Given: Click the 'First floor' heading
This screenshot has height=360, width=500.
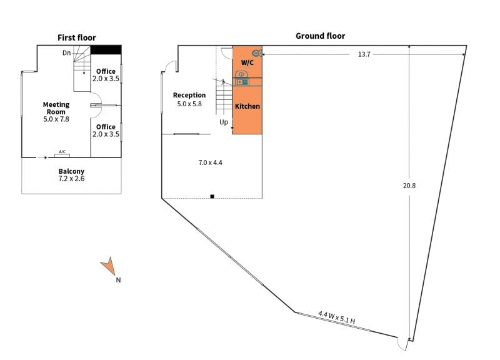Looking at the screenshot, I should (x=77, y=37).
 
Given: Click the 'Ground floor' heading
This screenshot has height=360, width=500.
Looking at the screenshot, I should (x=320, y=36).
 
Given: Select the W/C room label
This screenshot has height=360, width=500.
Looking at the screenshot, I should (x=247, y=63).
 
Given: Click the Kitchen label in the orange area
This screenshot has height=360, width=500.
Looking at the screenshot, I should (x=247, y=106).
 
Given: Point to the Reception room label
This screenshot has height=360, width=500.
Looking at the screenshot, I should (x=189, y=96).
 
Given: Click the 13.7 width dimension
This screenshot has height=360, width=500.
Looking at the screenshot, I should (x=364, y=54).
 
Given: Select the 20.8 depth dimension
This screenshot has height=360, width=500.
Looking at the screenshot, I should (x=409, y=186).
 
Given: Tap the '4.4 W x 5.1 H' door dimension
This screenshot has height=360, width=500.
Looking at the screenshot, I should (x=336, y=317).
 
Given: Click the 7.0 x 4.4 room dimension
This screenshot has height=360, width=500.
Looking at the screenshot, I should (x=211, y=162).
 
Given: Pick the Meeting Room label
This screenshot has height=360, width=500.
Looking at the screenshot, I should (x=56, y=108).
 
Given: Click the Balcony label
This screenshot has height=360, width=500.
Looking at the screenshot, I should (x=71, y=171).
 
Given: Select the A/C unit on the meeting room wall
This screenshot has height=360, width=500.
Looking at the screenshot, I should (x=62, y=153).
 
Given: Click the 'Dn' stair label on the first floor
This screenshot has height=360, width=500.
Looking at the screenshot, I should (x=66, y=53).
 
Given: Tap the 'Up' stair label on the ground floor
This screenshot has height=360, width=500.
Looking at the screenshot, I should (x=224, y=122).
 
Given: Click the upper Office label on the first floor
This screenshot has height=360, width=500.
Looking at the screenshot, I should (x=106, y=71).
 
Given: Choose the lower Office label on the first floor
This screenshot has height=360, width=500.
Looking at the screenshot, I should (x=106, y=127).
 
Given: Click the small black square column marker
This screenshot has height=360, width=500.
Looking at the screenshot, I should (x=212, y=197).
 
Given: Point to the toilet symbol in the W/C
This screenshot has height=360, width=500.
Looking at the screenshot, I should (x=256, y=53).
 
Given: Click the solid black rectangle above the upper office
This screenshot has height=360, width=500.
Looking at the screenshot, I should (x=106, y=49).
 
